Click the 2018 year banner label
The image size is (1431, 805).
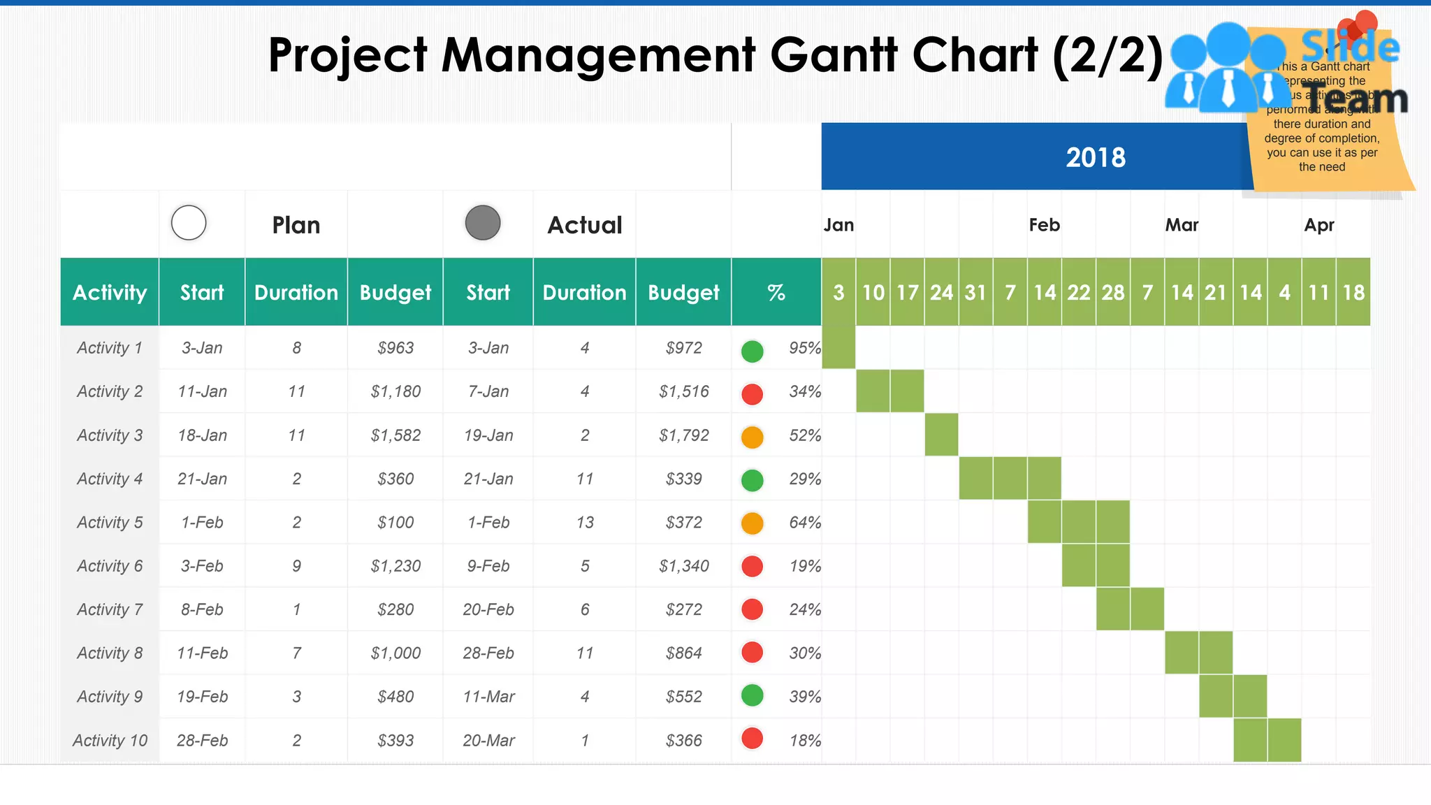[1095, 157]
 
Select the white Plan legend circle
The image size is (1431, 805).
[189, 223]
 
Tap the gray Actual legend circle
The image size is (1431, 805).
[483, 223]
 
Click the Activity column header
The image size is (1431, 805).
[110, 292]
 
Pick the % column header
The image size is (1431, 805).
[776, 292]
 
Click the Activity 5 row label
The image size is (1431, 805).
[110, 522]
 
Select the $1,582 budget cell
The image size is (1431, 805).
[395, 435]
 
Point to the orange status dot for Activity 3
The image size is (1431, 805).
[752, 437]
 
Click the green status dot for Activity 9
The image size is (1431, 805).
[752, 695]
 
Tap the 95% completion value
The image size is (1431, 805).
[804, 348]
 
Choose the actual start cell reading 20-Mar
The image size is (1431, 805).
[488, 740]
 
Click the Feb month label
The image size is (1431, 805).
[1044, 225]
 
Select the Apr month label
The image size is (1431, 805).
[1319, 225]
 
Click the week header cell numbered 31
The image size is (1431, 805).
[975, 292]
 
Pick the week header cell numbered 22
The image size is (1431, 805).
[1078, 292]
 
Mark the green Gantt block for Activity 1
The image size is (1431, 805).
[838, 347]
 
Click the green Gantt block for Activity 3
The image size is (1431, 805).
[941, 435]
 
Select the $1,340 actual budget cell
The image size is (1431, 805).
[683, 566]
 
